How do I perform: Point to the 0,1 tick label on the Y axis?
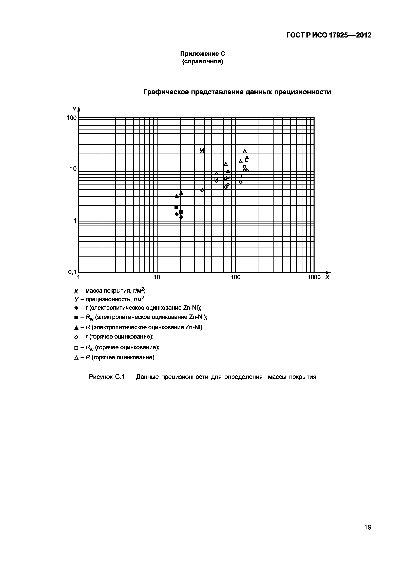coord(72,272)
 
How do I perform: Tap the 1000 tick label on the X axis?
coord(314,277)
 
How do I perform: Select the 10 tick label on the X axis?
coord(157,277)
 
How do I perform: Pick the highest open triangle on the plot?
coord(245,151)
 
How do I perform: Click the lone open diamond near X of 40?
coord(202,190)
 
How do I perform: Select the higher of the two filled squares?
coord(176,207)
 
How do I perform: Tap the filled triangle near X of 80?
coord(228,171)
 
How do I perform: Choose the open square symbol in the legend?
coord(76,348)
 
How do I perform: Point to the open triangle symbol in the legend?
coord(76,358)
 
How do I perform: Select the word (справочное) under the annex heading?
coord(202,61)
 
